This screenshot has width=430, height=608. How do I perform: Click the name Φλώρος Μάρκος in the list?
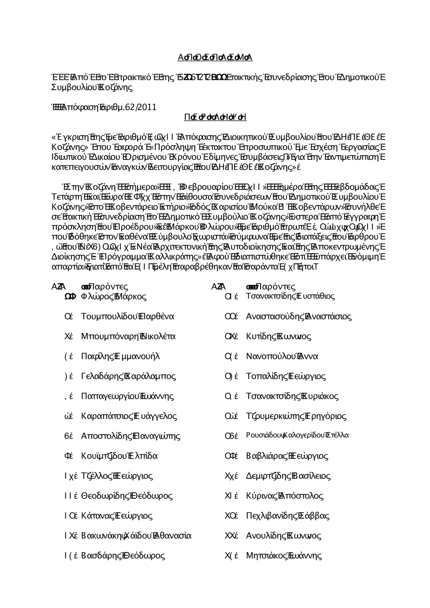click(114, 296)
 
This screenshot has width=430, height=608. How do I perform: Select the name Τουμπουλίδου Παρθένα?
click(127, 317)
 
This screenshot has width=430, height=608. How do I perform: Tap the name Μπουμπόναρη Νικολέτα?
click(128, 336)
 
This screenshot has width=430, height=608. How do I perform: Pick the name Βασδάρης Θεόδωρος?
click(123, 556)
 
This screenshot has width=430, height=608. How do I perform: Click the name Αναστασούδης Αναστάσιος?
click(298, 317)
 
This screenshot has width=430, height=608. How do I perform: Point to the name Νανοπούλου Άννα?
click(282, 357)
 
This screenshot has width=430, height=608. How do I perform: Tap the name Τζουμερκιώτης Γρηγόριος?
click(296, 416)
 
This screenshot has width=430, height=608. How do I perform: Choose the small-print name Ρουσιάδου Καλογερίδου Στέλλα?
click(297, 436)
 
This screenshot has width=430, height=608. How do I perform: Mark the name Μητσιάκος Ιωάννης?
click(283, 556)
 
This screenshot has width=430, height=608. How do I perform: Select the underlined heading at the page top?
click(215, 58)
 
